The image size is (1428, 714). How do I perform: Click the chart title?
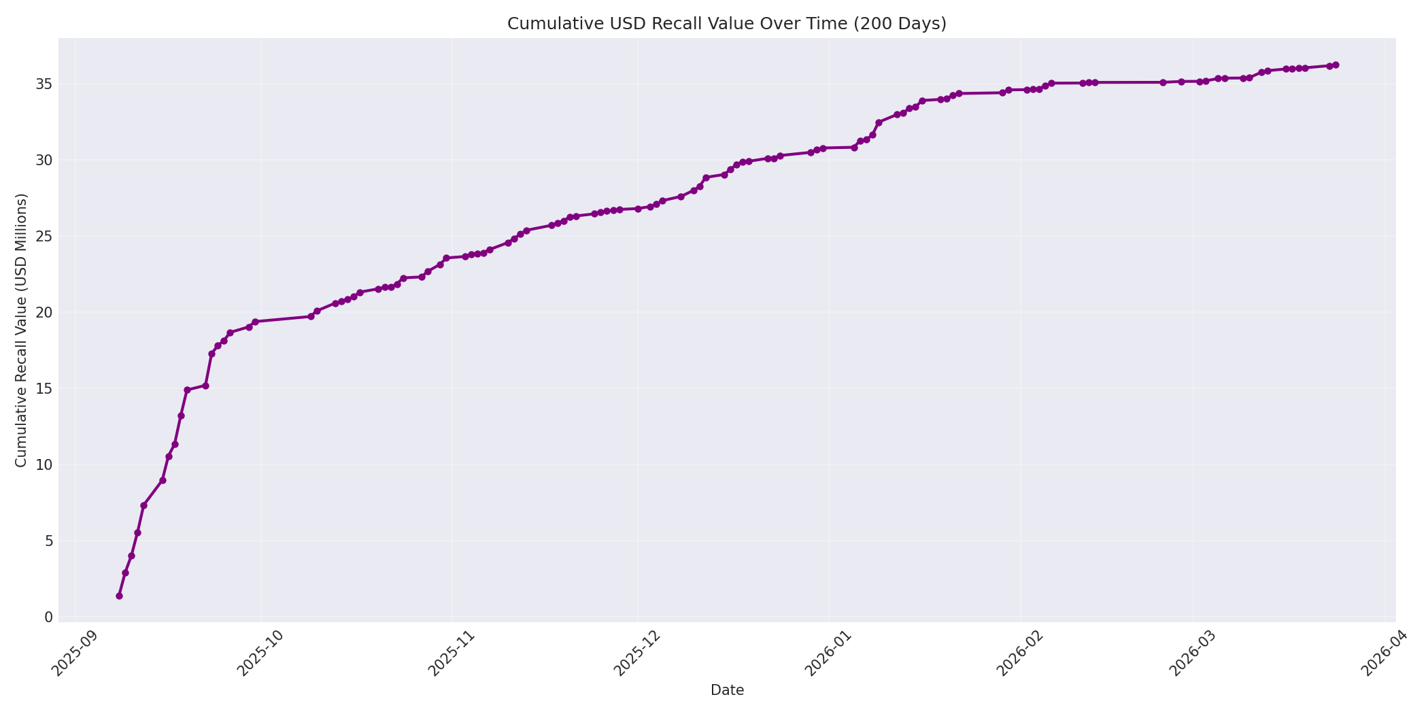pyautogui.click(x=726, y=24)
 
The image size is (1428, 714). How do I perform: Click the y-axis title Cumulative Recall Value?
pyautogui.click(x=21, y=330)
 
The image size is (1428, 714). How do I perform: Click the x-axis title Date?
pyautogui.click(x=727, y=690)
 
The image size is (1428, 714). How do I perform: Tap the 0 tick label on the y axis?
pyautogui.click(x=48, y=617)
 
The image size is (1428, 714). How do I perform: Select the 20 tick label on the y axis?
pyautogui.click(x=44, y=313)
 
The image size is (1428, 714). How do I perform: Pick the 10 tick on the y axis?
pyautogui.click(x=44, y=465)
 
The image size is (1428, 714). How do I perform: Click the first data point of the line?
pyautogui.click(x=119, y=596)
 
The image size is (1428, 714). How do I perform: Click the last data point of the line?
pyautogui.click(x=1336, y=65)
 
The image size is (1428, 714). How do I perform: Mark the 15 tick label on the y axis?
pyautogui.click(x=44, y=389)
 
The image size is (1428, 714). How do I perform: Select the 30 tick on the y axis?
pyautogui.click(x=44, y=160)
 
